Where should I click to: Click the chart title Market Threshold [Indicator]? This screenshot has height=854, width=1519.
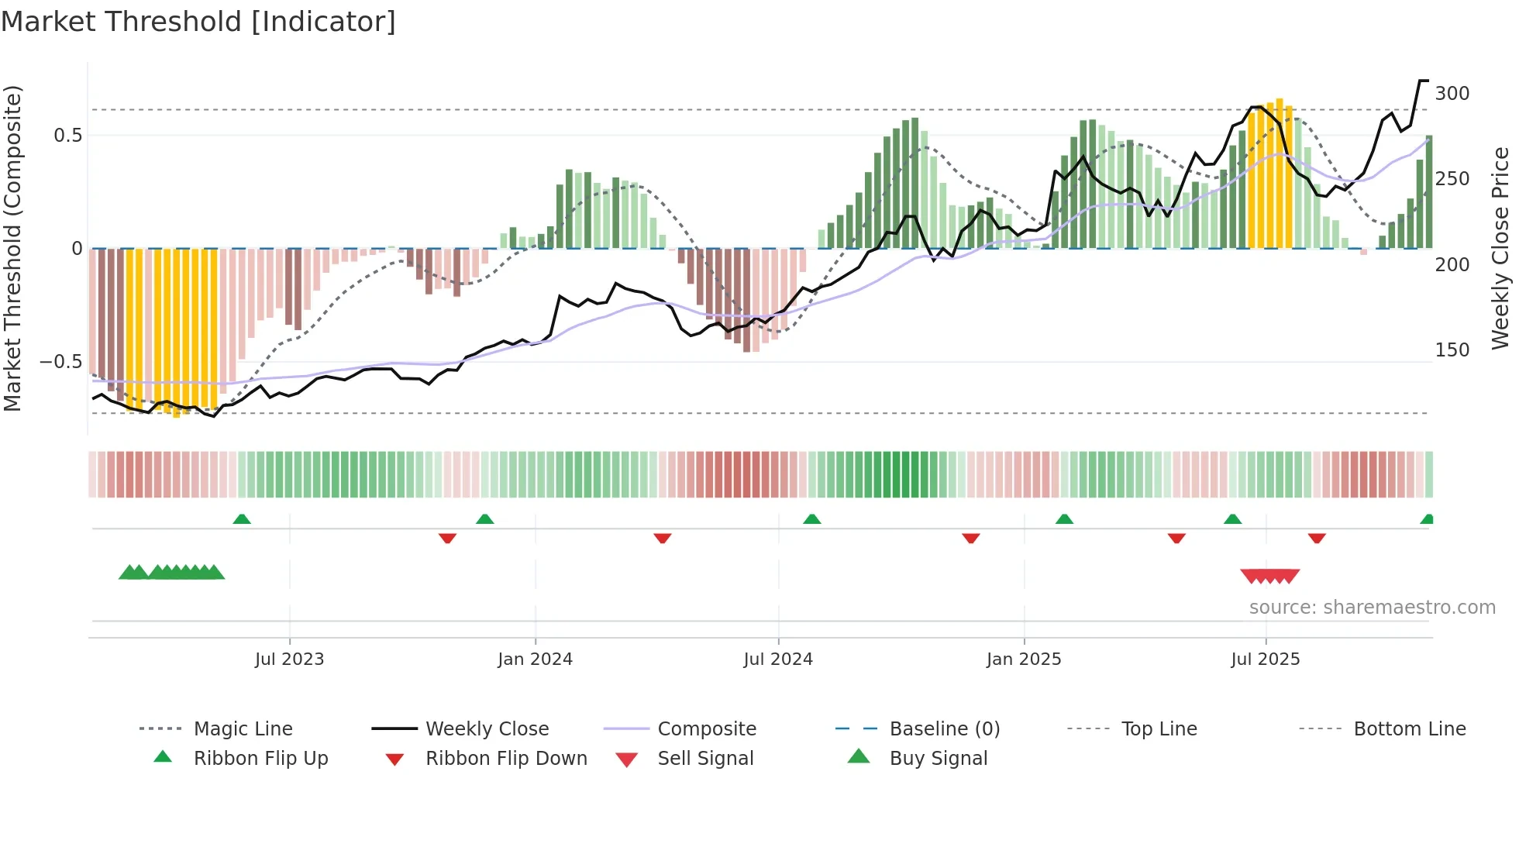click(x=198, y=22)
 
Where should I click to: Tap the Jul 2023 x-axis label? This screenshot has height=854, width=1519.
click(x=289, y=659)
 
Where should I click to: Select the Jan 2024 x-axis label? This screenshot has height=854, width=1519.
click(x=535, y=659)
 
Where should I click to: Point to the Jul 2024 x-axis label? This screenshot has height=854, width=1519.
click(x=778, y=659)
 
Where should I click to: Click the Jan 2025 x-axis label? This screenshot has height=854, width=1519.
click(x=1024, y=659)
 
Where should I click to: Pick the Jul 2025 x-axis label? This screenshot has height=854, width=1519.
click(x=1266, y=659)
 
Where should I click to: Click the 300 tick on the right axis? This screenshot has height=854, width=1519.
click(x=1452, y=94)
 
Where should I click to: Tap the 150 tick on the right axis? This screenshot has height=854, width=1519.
click(x=1452, y=350)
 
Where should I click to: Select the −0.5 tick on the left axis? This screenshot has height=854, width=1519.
click(x=60, y=362)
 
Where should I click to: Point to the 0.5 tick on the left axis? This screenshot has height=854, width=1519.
click(x=67, y=136)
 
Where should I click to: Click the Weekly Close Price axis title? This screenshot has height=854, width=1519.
click(x=1501, y=248)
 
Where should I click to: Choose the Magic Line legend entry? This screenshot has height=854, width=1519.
click(x=243, y=729)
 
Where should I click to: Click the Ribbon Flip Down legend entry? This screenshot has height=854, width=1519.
click(x=506, y=759)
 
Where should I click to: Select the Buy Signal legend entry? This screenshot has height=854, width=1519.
click(x=938, y=759)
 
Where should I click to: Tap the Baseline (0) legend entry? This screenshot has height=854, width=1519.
click(x=944, y=729)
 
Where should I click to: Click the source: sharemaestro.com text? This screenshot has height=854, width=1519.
click(x=1372, y=608)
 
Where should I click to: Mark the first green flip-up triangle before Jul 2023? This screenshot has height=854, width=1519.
click(x=242, y=519)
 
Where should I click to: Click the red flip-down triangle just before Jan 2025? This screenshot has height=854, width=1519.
click(x=971, y=538)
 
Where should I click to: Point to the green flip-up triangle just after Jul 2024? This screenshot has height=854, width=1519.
click(x=811, y=519)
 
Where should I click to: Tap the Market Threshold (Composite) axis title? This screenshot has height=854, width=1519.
click(x=12, y=248)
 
